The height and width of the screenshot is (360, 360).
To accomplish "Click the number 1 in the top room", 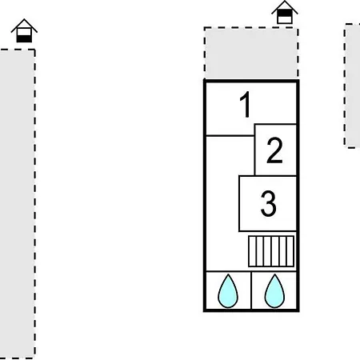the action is [246, 104].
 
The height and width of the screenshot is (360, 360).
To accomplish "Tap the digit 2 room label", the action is [274, 150].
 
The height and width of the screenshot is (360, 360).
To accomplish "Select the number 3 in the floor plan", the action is [268, 203].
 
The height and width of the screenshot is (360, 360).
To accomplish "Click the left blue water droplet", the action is [228, 291].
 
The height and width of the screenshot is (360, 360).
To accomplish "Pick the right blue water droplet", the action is [274, 291].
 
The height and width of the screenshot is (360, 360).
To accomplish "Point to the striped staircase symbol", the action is [271, 251].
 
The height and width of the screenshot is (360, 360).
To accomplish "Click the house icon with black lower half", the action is [24, 30].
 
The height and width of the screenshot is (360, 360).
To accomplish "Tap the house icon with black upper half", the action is [285, 12].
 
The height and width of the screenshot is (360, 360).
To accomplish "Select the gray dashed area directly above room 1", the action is [251, 53].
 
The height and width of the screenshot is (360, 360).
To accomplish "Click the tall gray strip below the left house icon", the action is [18, 204].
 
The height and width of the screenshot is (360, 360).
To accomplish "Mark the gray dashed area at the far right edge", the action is [352, 86].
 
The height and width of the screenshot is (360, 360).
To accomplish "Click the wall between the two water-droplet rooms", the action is [251, 290].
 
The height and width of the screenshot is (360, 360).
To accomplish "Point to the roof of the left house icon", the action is [24, 25].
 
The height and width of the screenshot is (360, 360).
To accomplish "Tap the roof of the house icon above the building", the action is [285, 6].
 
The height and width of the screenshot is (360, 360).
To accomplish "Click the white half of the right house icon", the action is [285, 19].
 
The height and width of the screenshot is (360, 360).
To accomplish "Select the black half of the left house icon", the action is [24, 38].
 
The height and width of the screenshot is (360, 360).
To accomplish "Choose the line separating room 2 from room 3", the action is [276, 176].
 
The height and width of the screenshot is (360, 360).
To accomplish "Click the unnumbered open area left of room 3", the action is [222, 202].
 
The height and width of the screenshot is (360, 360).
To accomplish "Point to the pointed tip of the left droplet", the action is [228, 274].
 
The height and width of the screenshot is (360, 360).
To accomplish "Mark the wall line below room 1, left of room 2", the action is [230, 136].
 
